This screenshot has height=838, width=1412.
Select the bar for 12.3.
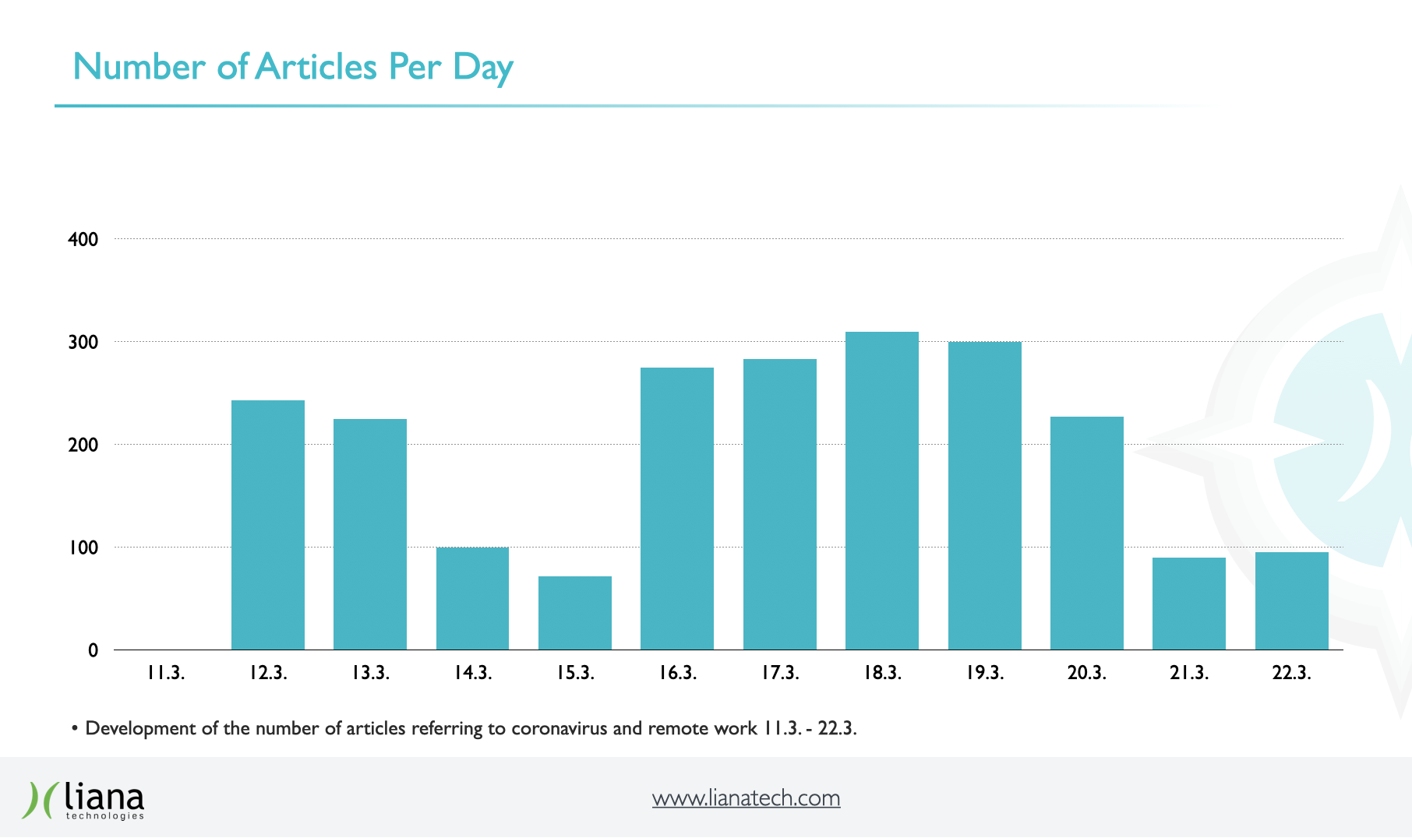click(x=268, y=525)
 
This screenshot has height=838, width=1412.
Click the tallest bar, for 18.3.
click(x=882, y=491)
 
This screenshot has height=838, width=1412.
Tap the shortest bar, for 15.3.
click(x=575, y=613)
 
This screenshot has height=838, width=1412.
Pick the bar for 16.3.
click(x=677, y=509)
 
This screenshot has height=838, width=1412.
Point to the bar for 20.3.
click(x=1087, y=533)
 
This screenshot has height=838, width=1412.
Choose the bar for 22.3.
click(x=1291, y=600)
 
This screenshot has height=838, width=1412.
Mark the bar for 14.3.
click(x=472, y=598)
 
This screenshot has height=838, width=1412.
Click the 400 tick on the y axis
click(x=83, y=239)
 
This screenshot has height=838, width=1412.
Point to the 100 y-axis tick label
click(x=83, y=548)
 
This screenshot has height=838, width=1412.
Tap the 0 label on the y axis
click(x=93, y=650)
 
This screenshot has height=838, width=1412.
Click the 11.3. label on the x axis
click(x=166, y=673)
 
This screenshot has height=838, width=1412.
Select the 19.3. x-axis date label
click(x=985, y=673)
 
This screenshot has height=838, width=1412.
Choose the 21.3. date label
click(x=1189, y=673)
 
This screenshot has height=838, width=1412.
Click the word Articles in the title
click(x=316, y=67)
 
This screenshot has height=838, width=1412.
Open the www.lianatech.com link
click(x=746, y=798)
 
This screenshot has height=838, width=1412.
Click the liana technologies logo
click(x=83, y=800)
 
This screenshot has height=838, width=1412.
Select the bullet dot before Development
click(x=75, y=729)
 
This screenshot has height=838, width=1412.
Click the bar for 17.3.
click(x=780, y=504)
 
